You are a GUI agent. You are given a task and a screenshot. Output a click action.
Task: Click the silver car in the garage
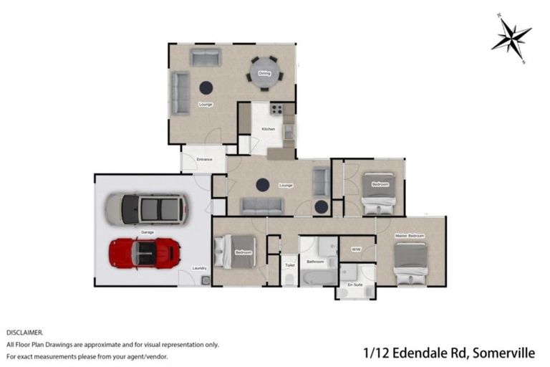tap(147, 209)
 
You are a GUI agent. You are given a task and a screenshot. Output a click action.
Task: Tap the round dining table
tap(264, 72)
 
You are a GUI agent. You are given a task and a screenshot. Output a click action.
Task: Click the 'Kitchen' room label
tap(268, 129)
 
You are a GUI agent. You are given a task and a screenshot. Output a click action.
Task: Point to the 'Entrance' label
tap(203, 159)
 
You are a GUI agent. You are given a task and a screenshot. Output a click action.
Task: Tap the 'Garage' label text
tap(148, 232)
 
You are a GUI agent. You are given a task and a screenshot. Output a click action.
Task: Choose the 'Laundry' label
tap(200, 268)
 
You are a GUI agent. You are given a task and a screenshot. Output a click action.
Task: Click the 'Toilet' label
tap(289, 264)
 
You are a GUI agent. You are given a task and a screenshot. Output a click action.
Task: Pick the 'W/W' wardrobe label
tap(356, 249)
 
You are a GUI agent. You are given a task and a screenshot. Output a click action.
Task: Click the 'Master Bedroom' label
tap(410, 236)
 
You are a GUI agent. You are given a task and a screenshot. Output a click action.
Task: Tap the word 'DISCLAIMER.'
tap(25, 333)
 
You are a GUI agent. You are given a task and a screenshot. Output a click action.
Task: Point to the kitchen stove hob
tap(276, 110)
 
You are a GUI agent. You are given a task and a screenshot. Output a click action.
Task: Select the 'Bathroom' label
tap(316, 262)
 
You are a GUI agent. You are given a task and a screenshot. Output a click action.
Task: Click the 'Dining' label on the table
tap(264, 73)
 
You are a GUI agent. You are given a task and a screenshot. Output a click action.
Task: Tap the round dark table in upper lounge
tap(206, 87)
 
